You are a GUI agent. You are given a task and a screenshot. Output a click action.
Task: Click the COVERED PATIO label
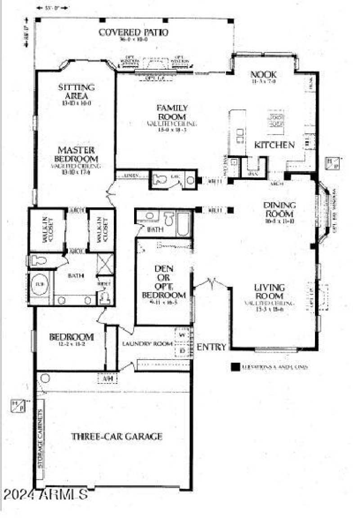click(x=133, y=32)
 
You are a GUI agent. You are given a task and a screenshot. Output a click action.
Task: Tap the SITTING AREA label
click(x=76, y=91)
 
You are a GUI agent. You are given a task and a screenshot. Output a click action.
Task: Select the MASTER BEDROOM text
click(x=76, y=154)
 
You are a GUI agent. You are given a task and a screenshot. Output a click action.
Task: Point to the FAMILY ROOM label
click(x=172, y=112)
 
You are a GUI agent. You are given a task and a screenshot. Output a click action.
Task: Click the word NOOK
click(x=263, y=75)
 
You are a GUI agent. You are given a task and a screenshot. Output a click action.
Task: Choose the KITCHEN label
click(x=274, y=145)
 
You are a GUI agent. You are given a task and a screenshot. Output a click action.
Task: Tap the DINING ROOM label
click(x=279, y=209)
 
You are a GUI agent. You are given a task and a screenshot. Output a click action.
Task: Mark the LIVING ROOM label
click(x=270, y=291)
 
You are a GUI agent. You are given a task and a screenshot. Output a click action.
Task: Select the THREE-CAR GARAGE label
click(x=117, y=436)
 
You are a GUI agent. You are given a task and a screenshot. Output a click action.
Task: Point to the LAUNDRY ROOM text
click(x=148, y=344)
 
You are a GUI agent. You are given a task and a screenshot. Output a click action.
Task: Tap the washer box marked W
click(x=182, y=334)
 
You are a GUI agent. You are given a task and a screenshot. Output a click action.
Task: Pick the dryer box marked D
click(x=182, y=350)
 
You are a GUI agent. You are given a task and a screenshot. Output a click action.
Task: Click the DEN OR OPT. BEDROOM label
click(x=164, y=282)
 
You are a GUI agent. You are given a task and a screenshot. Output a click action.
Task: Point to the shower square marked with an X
click(x=105, y=262)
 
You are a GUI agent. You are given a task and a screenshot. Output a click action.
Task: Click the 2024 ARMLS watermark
click(x=45, y=494)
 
